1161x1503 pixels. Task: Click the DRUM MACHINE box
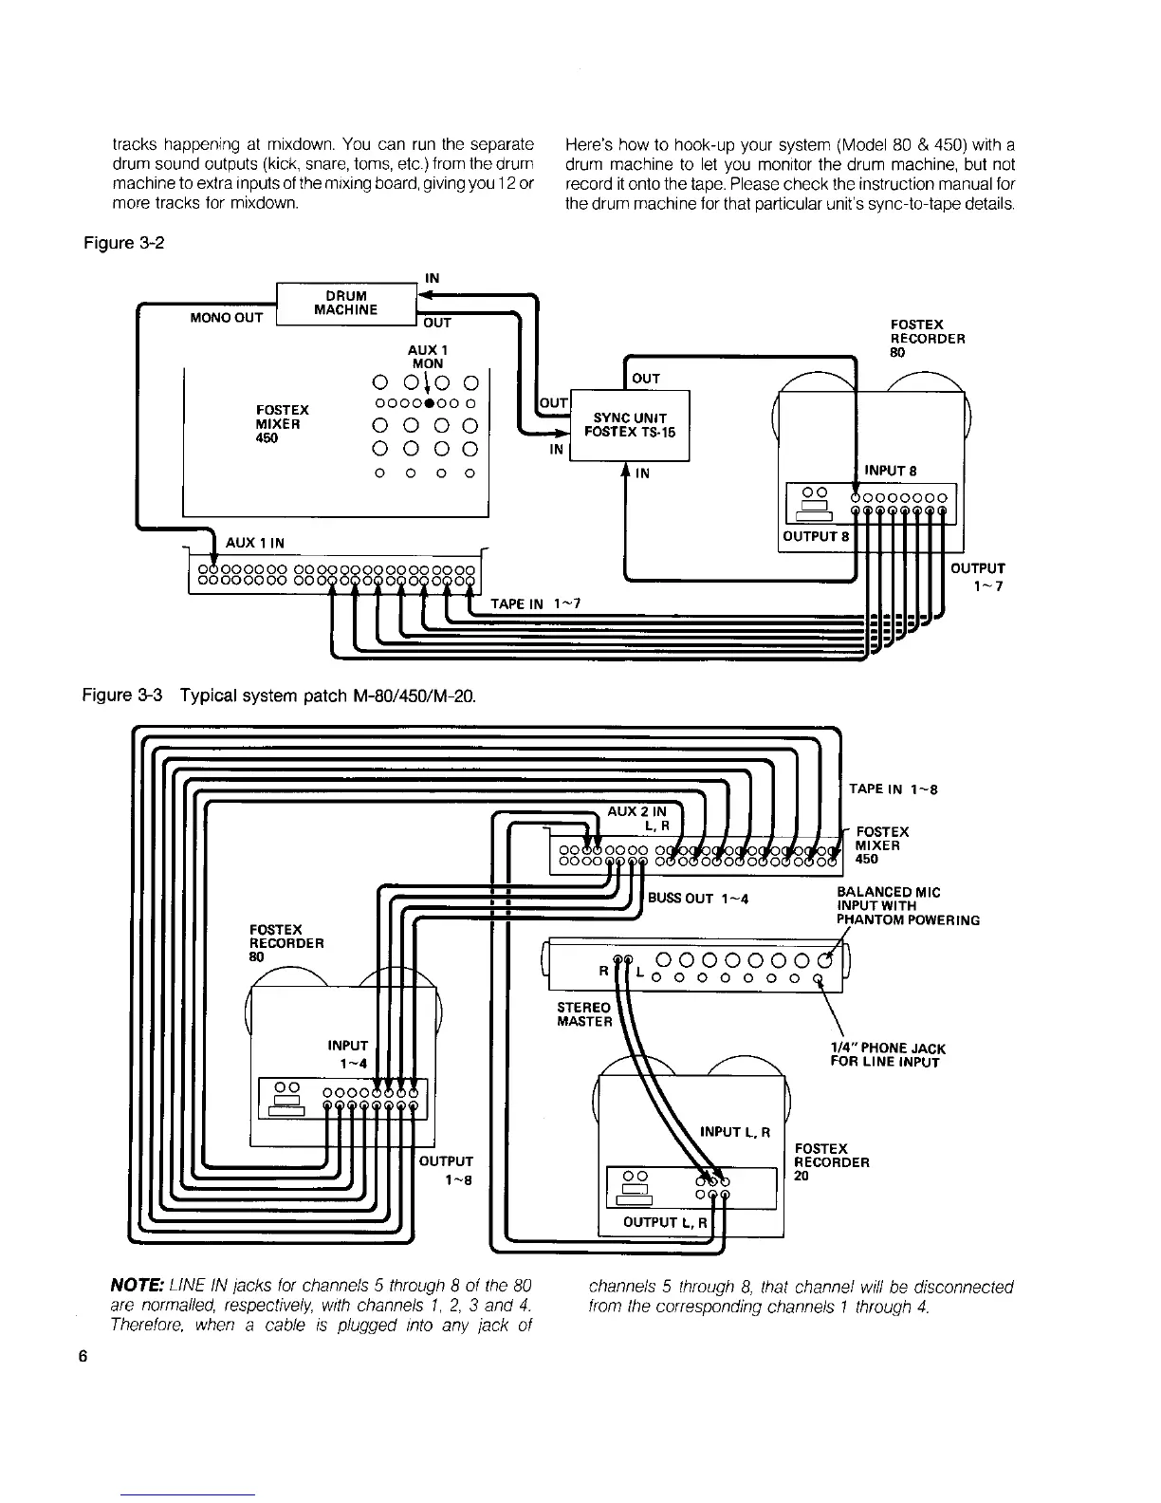pyautogui.click(x=345, y=303)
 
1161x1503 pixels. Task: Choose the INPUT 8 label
pyautogui.click(x=890, y=471)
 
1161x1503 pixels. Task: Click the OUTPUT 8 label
pyautogui.click(x=815, y=535)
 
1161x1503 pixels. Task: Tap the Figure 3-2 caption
pyautogui.click(x=124, y=243)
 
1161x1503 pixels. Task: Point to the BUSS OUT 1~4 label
pyautogui.click(x=699, y=899)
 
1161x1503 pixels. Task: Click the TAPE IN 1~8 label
pyautogui.click(x=894, y=789)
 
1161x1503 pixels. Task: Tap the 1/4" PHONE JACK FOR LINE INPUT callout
pyautogui.click(x=887, y=1055)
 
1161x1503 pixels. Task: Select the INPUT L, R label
pyautogui.click(x=735, y=1132)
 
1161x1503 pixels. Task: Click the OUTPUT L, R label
pyautogui.click(x=665, y=1222)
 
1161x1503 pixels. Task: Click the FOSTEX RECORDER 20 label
pyautogui.click(x=832, y=1162)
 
